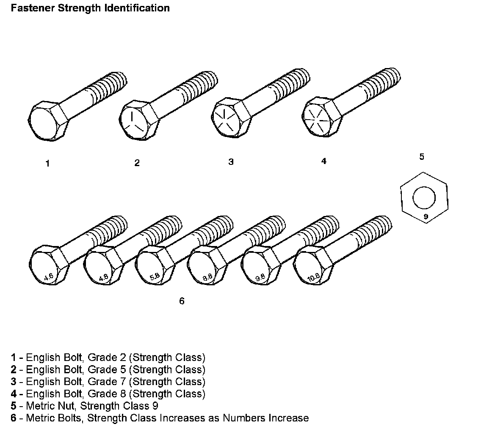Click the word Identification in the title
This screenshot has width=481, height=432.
click(x=137, y=8)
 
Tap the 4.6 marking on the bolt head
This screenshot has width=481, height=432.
click(x=48, y=277)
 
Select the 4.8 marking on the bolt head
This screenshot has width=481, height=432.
click(x=103, y=277)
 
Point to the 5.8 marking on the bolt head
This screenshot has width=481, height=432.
click(x=155, y=276)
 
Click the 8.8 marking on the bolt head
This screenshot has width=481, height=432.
click(x=207, y=277)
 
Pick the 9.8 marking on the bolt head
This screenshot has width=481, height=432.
click(x=260, y=278)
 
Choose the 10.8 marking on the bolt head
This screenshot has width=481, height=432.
click(x=313, y=278)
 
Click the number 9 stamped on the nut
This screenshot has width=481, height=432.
click(x=426, y=216)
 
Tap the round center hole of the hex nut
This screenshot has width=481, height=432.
click(x=424, y=198)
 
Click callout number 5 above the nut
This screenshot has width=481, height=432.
click(x=422, y=157)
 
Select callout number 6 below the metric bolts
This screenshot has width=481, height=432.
click(x=182, y=301)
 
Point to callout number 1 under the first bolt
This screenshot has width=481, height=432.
click(x=47, y=164)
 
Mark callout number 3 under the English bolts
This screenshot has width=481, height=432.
click(x=231, y=161)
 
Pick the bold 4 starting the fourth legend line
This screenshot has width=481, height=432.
click(x=13, y=394)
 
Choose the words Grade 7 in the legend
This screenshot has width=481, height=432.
click(x=107, y=381)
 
